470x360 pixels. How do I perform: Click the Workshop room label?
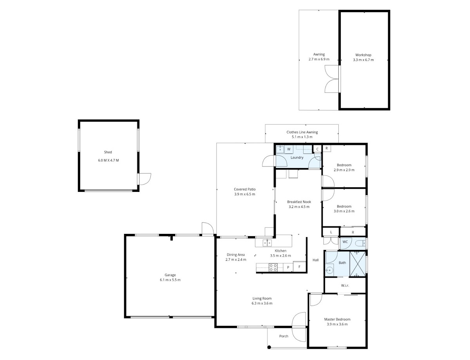pyautogui.click(x=363, y=55)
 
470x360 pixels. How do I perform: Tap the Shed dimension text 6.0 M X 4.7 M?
pyautogui.click(x=108, y=160)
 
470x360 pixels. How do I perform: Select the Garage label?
pyautogui.click(x=170, y=275)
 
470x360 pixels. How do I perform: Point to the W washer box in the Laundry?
pyautogui.click(x=289, y=149)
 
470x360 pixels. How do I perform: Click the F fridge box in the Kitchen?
pyautogui.click(x=299, y=267)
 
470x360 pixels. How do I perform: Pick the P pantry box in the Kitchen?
pyautogui.click(x=288, y=268)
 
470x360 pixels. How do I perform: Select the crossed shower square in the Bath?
pyautogui.click(x=358, y=264)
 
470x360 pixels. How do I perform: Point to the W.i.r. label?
pyautogui.click(x=345, y=286)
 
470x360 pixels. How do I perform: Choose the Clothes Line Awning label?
pyautogui.click(x=302, y=132)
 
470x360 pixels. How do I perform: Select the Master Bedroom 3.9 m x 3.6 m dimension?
pyautogui.click(x=337, y=324)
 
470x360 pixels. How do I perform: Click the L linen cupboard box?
pyautogui.click(x=331, y=232)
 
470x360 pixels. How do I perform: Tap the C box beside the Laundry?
pyautogui.click(x=317, y=149)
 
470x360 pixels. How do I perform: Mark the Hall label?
pyautogui.click(x=316, y=260)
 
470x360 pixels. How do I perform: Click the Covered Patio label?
pyautogui.click(x=245, y=189)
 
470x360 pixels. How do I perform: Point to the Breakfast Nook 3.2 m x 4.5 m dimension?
pyautogui.click(x=299, y=207)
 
